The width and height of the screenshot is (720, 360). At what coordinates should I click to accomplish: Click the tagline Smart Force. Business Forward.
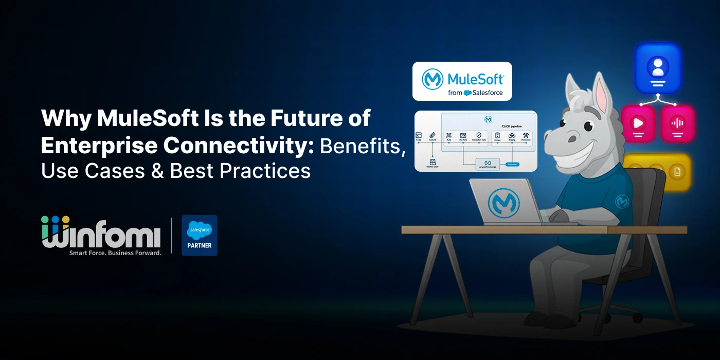(115, 253)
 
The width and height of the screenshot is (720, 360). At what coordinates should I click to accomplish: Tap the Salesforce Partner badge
(200, 235)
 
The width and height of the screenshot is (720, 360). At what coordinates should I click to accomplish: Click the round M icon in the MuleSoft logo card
(433, 80)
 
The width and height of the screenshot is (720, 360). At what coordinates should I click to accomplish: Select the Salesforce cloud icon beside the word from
(467, 93)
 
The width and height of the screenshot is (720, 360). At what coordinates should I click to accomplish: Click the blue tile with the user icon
(657, 68)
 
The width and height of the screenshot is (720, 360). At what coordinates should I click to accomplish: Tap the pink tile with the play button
(638, 124)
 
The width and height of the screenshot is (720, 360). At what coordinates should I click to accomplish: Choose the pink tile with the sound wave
(678, 124)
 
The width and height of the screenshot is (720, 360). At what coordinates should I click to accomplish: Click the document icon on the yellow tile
(677, 172)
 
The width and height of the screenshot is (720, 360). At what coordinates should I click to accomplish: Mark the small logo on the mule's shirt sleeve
(623, 201)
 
